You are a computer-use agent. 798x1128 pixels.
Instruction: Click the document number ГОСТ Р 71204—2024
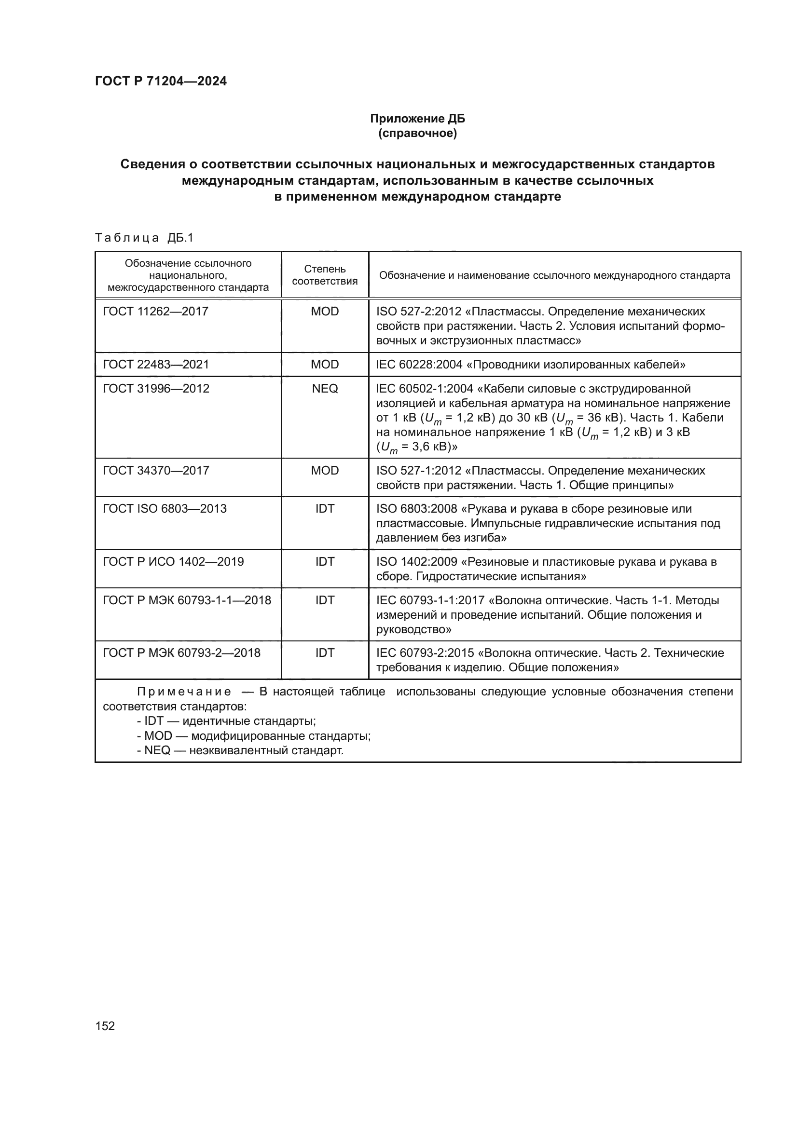tap(161, 81)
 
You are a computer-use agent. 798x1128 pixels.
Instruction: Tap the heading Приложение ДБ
tap(417, 119)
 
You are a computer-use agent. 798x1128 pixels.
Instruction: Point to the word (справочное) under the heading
tap(417, 133)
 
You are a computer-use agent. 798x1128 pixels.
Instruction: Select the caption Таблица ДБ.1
tap(144, 238)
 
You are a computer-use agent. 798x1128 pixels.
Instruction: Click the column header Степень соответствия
tap(325, 275)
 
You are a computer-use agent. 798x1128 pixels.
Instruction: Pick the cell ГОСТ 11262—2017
tap(156, 311)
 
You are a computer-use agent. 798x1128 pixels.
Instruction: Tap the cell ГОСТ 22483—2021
tap(156, 364)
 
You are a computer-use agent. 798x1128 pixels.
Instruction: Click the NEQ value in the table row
tap(325, 388)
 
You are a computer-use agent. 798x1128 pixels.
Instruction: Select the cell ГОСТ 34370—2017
tap(156, 470)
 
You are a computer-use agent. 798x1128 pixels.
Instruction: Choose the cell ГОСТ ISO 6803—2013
tap(165, 508)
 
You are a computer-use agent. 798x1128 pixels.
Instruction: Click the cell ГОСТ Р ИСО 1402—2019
tap(173, 561)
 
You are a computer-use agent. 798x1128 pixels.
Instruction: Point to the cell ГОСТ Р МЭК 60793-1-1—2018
tap(187, 600)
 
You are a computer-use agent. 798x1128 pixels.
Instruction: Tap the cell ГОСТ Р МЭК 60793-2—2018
tap(181, 652)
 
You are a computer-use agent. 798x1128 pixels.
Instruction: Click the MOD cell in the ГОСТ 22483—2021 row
tap(325, 364)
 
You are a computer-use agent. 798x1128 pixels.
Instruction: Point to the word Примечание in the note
tap(184, 692)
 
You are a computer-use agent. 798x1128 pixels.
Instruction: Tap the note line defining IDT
tap(226, 720)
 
